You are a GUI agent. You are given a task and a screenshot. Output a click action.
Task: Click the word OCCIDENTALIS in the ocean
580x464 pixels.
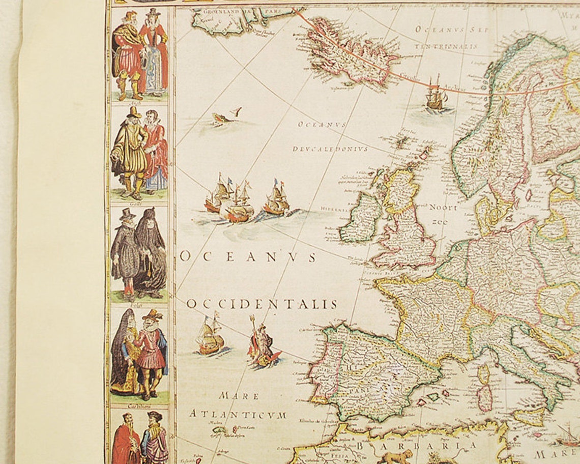(x=262, y=304)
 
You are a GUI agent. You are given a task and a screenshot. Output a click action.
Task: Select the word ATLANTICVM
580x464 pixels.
(x=238, y=415)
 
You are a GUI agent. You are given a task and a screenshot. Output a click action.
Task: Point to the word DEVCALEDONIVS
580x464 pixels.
(x=330, y=149)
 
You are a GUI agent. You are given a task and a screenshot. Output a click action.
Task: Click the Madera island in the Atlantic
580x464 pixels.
(x=219, y=430)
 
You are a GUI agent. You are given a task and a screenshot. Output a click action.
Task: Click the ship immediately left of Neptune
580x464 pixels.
(x=210, y=336)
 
